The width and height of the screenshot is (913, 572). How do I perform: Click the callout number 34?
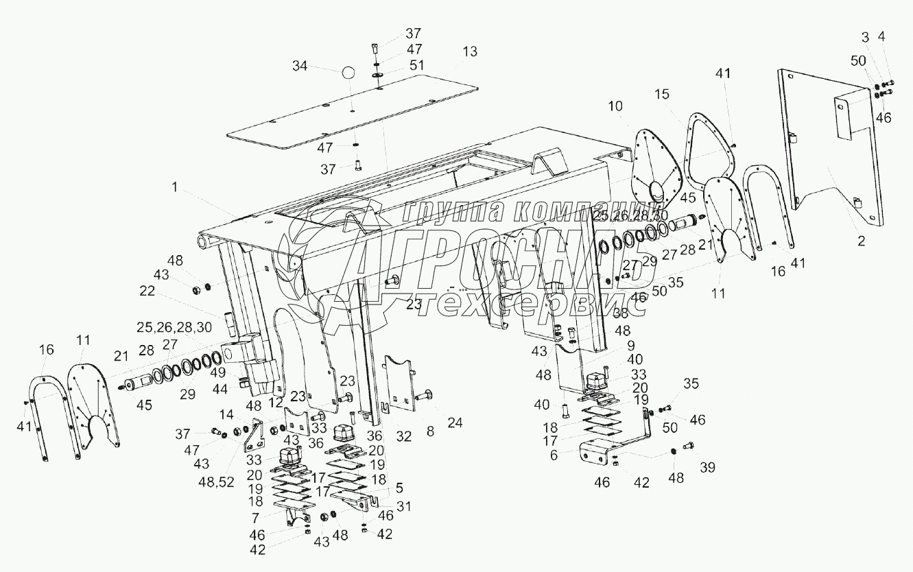point(300,66)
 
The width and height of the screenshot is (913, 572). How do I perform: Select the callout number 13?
point(469,51)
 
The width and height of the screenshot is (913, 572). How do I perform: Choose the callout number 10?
point(615,106)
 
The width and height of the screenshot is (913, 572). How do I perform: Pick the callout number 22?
point(147,291)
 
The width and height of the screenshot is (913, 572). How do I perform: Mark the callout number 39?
point(707,467)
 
